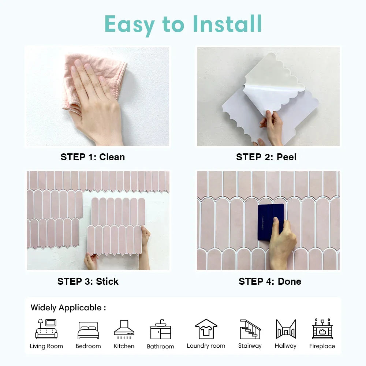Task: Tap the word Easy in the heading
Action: coord(130,25)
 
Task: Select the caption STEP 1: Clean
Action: coord(93,157)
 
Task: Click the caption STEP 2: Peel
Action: coord(266,157)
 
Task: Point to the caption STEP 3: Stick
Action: coord(88,281)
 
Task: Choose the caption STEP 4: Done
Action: coord(270,281)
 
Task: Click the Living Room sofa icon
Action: coord(46,329)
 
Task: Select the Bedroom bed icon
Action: coord(88,330)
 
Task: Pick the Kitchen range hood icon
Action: coord(124,329)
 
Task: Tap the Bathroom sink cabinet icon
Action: coord(161,329)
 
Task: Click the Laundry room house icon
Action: coord(206,329)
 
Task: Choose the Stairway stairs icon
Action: coord(250,329)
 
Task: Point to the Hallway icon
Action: coord(286,329)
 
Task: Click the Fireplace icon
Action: coord(322,329)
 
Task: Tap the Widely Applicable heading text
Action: coord(68,308)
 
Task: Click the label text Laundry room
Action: coord(206,346)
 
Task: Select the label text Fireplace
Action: coord(322,346)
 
